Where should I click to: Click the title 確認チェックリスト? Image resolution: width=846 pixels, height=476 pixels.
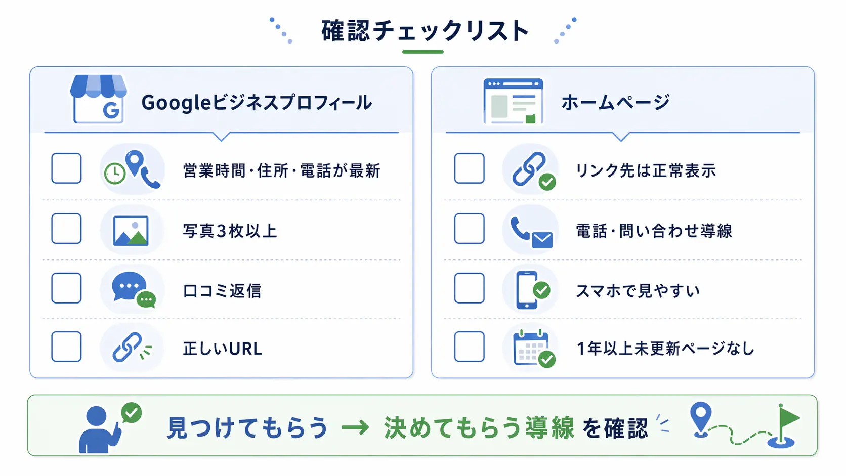425,30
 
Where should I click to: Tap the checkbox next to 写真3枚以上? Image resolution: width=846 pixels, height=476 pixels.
66,229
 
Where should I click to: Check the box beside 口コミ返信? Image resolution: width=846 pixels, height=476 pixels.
66,288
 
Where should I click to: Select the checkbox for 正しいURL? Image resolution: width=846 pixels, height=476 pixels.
66,347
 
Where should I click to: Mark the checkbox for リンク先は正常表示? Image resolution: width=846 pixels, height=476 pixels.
470,168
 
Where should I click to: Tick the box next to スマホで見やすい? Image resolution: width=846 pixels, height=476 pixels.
470,288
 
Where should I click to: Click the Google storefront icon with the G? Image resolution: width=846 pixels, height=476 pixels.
98,99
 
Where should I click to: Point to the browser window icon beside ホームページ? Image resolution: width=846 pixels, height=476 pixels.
513,101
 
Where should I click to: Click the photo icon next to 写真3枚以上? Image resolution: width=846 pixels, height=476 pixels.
131,231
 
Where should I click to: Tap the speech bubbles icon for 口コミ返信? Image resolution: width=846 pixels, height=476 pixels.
134,289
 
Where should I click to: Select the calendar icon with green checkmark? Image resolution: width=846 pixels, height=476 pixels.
534,348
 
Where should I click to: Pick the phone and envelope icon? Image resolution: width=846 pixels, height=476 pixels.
531,232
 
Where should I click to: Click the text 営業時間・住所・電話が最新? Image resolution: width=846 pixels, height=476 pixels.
281,170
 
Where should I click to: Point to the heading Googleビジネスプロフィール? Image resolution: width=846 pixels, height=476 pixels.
257,102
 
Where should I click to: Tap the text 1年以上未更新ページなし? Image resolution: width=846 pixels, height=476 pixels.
665,349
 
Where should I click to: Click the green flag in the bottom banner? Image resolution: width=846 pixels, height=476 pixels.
789,417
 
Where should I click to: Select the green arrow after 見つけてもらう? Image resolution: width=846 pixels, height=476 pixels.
355,427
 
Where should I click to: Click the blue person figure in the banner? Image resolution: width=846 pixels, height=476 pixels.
99,429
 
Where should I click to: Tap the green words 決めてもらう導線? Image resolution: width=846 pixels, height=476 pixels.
479,427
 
